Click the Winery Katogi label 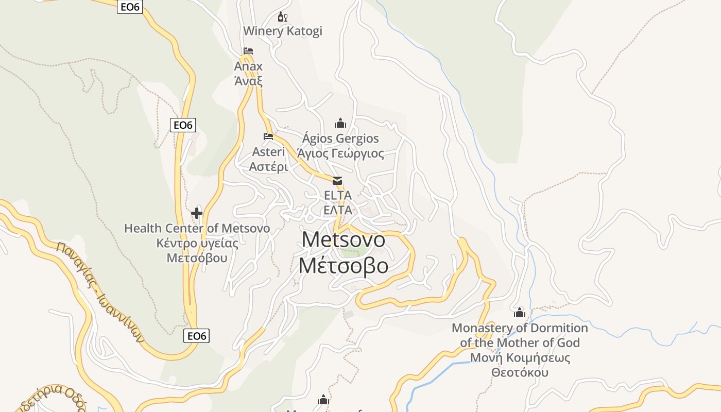[x=282, y=31]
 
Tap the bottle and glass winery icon [x=282, y=17]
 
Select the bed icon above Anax [x=248, y=51]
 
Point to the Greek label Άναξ [x=248, y=81]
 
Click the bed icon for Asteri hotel [x=268, y=136]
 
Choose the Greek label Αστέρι [x=268, y=167]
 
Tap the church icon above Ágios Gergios [x=340, y=123]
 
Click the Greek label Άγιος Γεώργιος [x=340, y=153]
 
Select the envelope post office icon [x=337, y=180]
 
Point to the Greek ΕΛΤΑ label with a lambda [x=338, y=210]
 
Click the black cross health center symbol [x=197, y=213]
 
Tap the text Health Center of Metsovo [x=197, y=228]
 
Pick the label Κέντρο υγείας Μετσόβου [x=197, y=250]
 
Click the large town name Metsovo [x=343, y=239]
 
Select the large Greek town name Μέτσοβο [x=343, y=266]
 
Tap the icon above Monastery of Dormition [x=519, y=313]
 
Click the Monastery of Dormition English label [x=520, y=335]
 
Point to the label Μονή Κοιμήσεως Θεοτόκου [x=520, y=365]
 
